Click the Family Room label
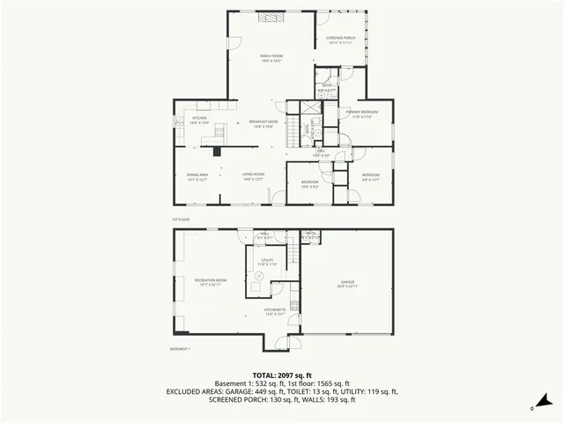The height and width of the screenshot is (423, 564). coord(271,58)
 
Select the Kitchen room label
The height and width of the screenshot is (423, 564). coord(200,121)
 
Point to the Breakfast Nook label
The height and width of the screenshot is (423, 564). coord(263,123)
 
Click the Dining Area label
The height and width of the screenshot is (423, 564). coord(197,176)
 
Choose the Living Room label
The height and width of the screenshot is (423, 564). coord(254,176)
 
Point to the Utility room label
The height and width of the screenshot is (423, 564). coord(267,262)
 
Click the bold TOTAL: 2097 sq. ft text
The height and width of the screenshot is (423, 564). coord(281,375)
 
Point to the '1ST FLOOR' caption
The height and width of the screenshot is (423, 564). coord(181,219)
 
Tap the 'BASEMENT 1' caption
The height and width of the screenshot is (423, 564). coord(180,349)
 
